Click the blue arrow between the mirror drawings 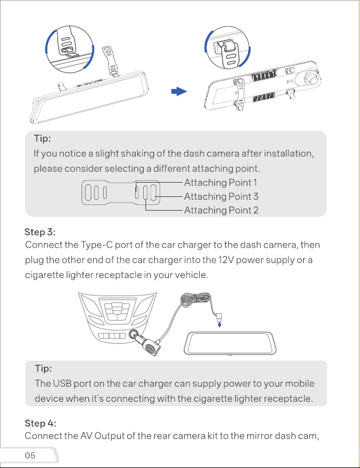179,91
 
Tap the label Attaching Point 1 220,183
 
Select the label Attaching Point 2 221,210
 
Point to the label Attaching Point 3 221,196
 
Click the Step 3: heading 40,232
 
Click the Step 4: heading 41,423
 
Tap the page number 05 30,455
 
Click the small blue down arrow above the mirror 220,324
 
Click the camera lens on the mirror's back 311,78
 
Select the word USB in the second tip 62,384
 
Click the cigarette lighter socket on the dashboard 134,334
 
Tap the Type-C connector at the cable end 219,316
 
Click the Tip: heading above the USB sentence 43,368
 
